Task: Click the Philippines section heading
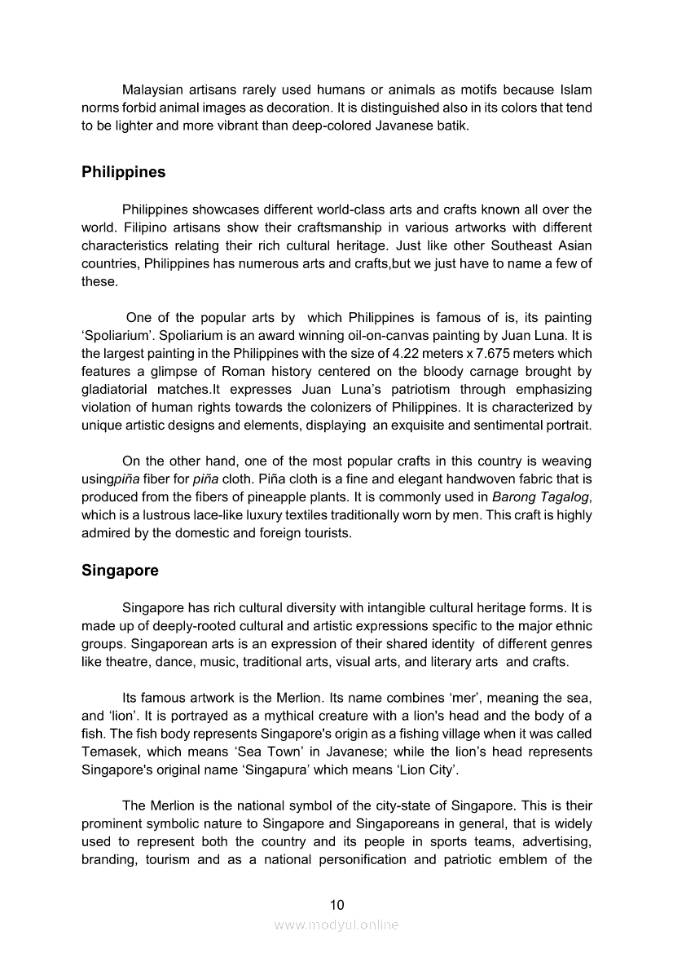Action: pyautogui.click(x=123, y=172)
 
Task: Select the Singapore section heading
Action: pyautogui.click(x=120, y=571)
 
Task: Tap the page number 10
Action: pyautogui.click(x=336, y=904)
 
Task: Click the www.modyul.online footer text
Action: pyautogui.click(x=336, y=924)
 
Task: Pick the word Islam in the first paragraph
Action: pyautogui.click(x=576, y=90)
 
